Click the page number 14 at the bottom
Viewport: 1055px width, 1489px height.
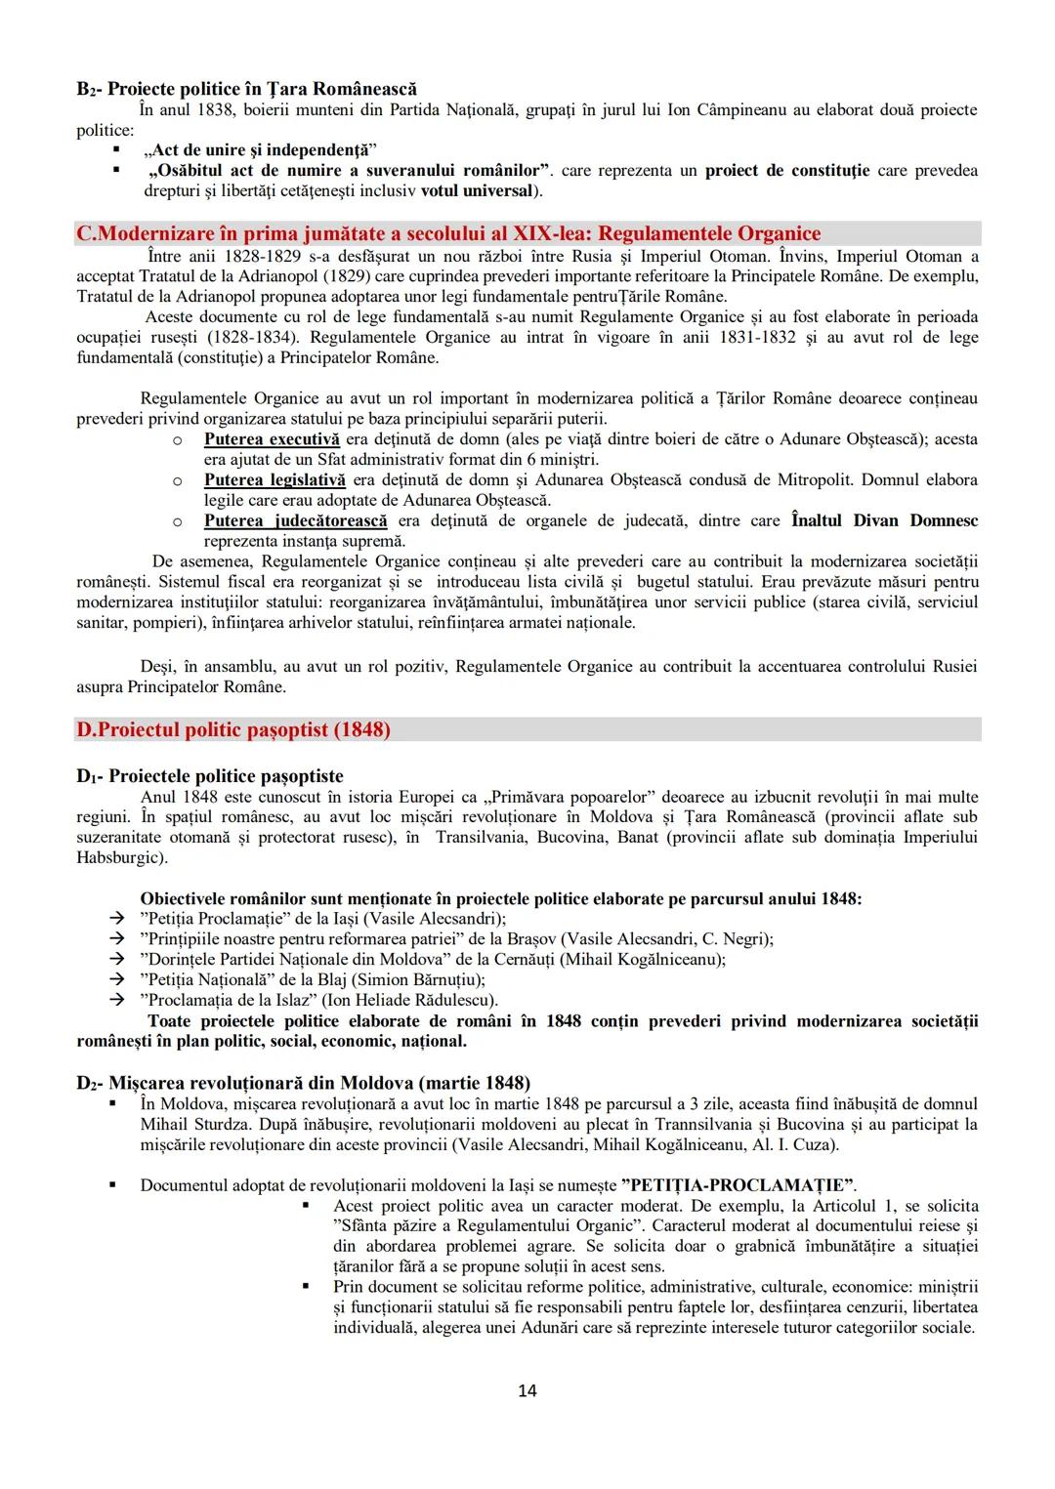point(527,1390)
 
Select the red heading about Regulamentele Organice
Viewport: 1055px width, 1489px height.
point(449,233)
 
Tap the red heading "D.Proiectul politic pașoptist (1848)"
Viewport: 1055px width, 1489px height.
point(233,729)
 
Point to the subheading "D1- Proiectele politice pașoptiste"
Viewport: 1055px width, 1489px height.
point(210,776)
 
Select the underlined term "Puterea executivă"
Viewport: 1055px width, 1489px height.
point(272,439)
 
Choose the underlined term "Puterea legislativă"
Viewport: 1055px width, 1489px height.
point(274,479)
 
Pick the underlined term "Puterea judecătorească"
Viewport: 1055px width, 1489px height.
point(295,520)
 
